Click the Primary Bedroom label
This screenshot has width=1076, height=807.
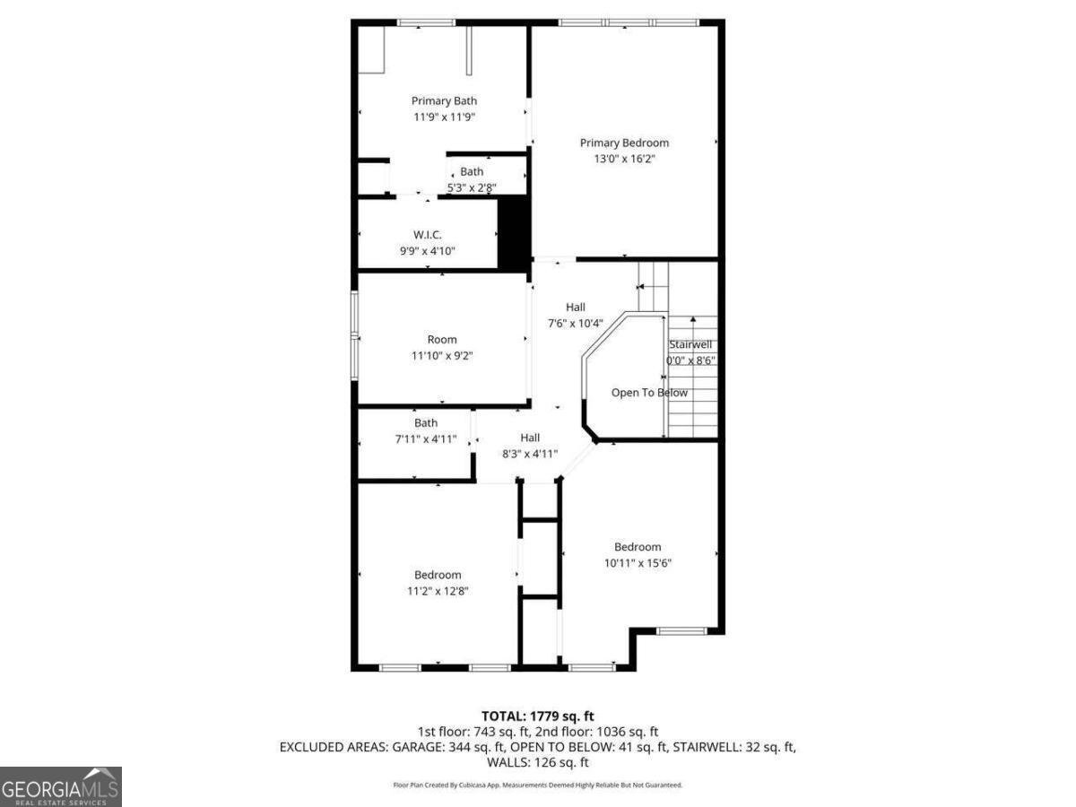[x=624, y=143]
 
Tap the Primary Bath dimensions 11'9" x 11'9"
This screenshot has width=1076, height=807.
[x=444, y=117]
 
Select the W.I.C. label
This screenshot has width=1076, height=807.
[x=428, y=235]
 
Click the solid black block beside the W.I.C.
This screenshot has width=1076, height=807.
[x=513, y=232]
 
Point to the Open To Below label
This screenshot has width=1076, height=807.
[x=649, y=393]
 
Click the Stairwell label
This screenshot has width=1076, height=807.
[x=690, y=344]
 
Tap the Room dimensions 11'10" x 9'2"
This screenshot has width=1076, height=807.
[x=442, y=355]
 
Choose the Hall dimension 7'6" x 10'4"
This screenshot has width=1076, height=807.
[x=575, y=323]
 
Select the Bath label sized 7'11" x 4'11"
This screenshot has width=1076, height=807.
[x=426, y=423]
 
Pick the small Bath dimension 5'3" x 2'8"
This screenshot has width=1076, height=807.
[x=472, y=187]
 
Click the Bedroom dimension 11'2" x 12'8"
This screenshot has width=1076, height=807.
[x=438, y=591]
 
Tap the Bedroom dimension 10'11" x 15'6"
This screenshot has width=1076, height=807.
[x=638, y=563]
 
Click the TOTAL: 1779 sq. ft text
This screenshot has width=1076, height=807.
[x=538, y=716]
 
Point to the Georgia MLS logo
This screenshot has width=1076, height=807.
[x=60, y=786]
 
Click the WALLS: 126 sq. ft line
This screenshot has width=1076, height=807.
[x=538, y=762]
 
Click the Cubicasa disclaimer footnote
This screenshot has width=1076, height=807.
[x=538, y=785]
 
